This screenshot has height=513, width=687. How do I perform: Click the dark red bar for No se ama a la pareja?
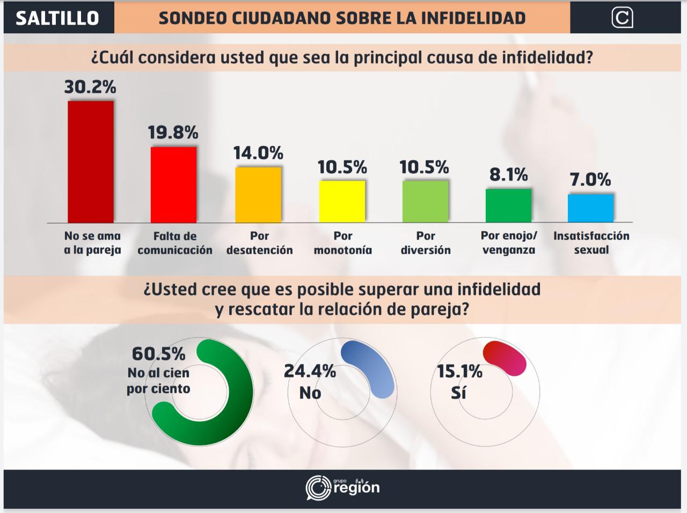[x=91, y=161]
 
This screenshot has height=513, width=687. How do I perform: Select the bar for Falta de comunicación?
[x=173, y=184]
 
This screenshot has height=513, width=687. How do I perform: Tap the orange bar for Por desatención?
[x=258, y=195]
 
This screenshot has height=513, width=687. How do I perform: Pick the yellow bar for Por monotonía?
[x=342, y=201]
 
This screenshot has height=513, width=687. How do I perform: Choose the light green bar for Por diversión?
[x=425, y=201]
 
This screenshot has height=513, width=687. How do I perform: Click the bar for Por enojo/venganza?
[x=508, y=205]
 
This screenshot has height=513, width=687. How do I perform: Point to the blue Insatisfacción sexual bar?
[x=591, y=208]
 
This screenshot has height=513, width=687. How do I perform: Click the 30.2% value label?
[x=90, y=87]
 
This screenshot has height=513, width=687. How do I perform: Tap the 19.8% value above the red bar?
[x=173, y=132]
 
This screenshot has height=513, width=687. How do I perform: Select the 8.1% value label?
[x=508, y=175]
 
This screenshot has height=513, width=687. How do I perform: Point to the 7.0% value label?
[x=590, y=180]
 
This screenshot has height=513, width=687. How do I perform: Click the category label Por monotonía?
[x=343, y=243]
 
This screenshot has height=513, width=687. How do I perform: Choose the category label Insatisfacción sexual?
[x=591, y=243]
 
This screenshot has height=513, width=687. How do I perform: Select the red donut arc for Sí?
[x=505, y=358]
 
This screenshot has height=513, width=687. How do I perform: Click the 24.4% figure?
[x=310, y=371]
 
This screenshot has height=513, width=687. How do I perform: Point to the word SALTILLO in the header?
[x=57, y=18]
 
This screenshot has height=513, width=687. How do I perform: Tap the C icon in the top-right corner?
[x=622, y=18]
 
